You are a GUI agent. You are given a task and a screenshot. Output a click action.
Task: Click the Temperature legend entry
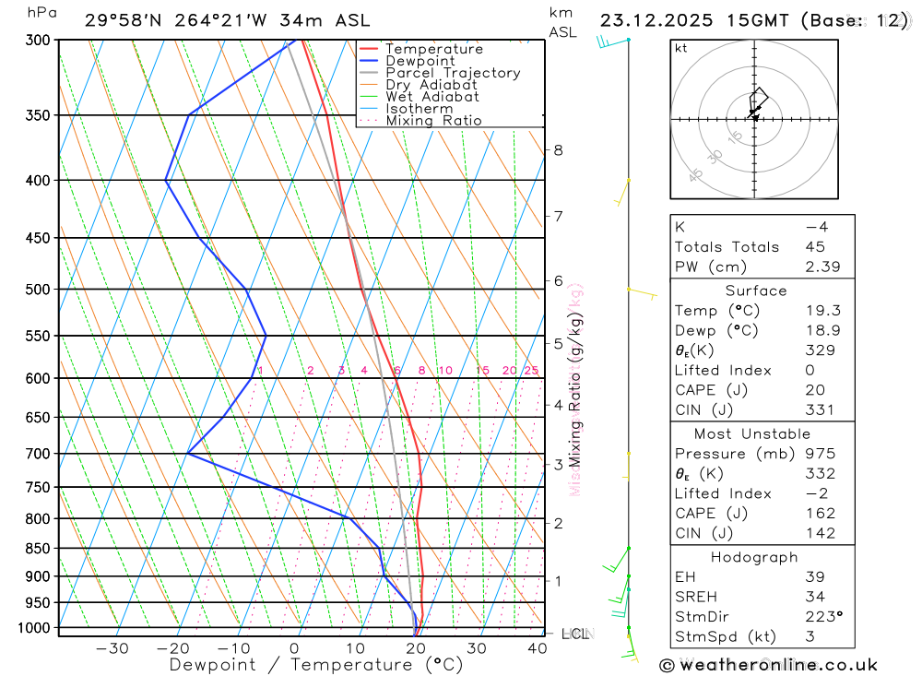[x=433, y=49]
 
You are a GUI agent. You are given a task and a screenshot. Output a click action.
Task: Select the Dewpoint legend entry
[x=420, y=61]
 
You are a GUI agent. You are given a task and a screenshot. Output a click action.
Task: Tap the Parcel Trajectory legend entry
[x=453, y=73]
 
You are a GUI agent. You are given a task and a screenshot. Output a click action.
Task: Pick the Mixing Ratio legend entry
[x=433, y=120]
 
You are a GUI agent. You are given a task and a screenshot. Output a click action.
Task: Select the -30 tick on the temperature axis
[x=112, y=648]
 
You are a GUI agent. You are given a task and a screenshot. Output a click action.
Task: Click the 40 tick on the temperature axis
[x=537, y=648]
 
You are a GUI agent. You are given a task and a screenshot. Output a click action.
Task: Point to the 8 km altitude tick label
[x=558, y=150]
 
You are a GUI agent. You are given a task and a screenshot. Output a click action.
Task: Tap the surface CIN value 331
[x=818, y=410]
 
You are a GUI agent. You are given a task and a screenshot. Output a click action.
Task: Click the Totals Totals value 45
[x=815, y=247]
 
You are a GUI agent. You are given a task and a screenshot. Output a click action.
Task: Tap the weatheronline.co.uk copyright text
[x=768, y=665]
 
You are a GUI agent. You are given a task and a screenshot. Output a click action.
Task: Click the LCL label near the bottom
[x=575, y=634]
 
